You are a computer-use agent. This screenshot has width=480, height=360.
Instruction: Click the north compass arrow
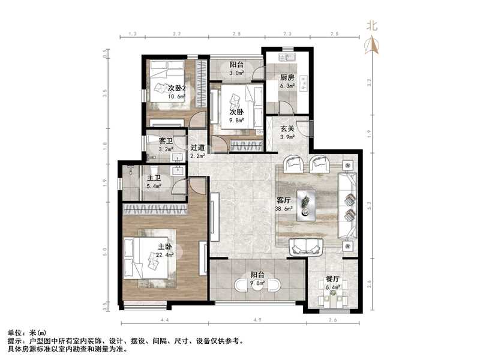click(373, 43)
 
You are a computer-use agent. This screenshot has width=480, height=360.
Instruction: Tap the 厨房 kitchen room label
click(287, 77)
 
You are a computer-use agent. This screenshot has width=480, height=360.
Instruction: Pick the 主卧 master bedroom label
click(165, 247)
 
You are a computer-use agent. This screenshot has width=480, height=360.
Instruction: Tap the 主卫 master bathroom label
click(154, 178)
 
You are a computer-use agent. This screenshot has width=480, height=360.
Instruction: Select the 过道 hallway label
click(197, 148)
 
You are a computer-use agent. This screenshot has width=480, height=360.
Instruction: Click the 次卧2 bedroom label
click(175, 88)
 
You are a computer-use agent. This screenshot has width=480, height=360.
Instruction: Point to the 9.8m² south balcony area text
click(259, 285)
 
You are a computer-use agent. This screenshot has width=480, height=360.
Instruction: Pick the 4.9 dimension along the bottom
click(256, 320)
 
